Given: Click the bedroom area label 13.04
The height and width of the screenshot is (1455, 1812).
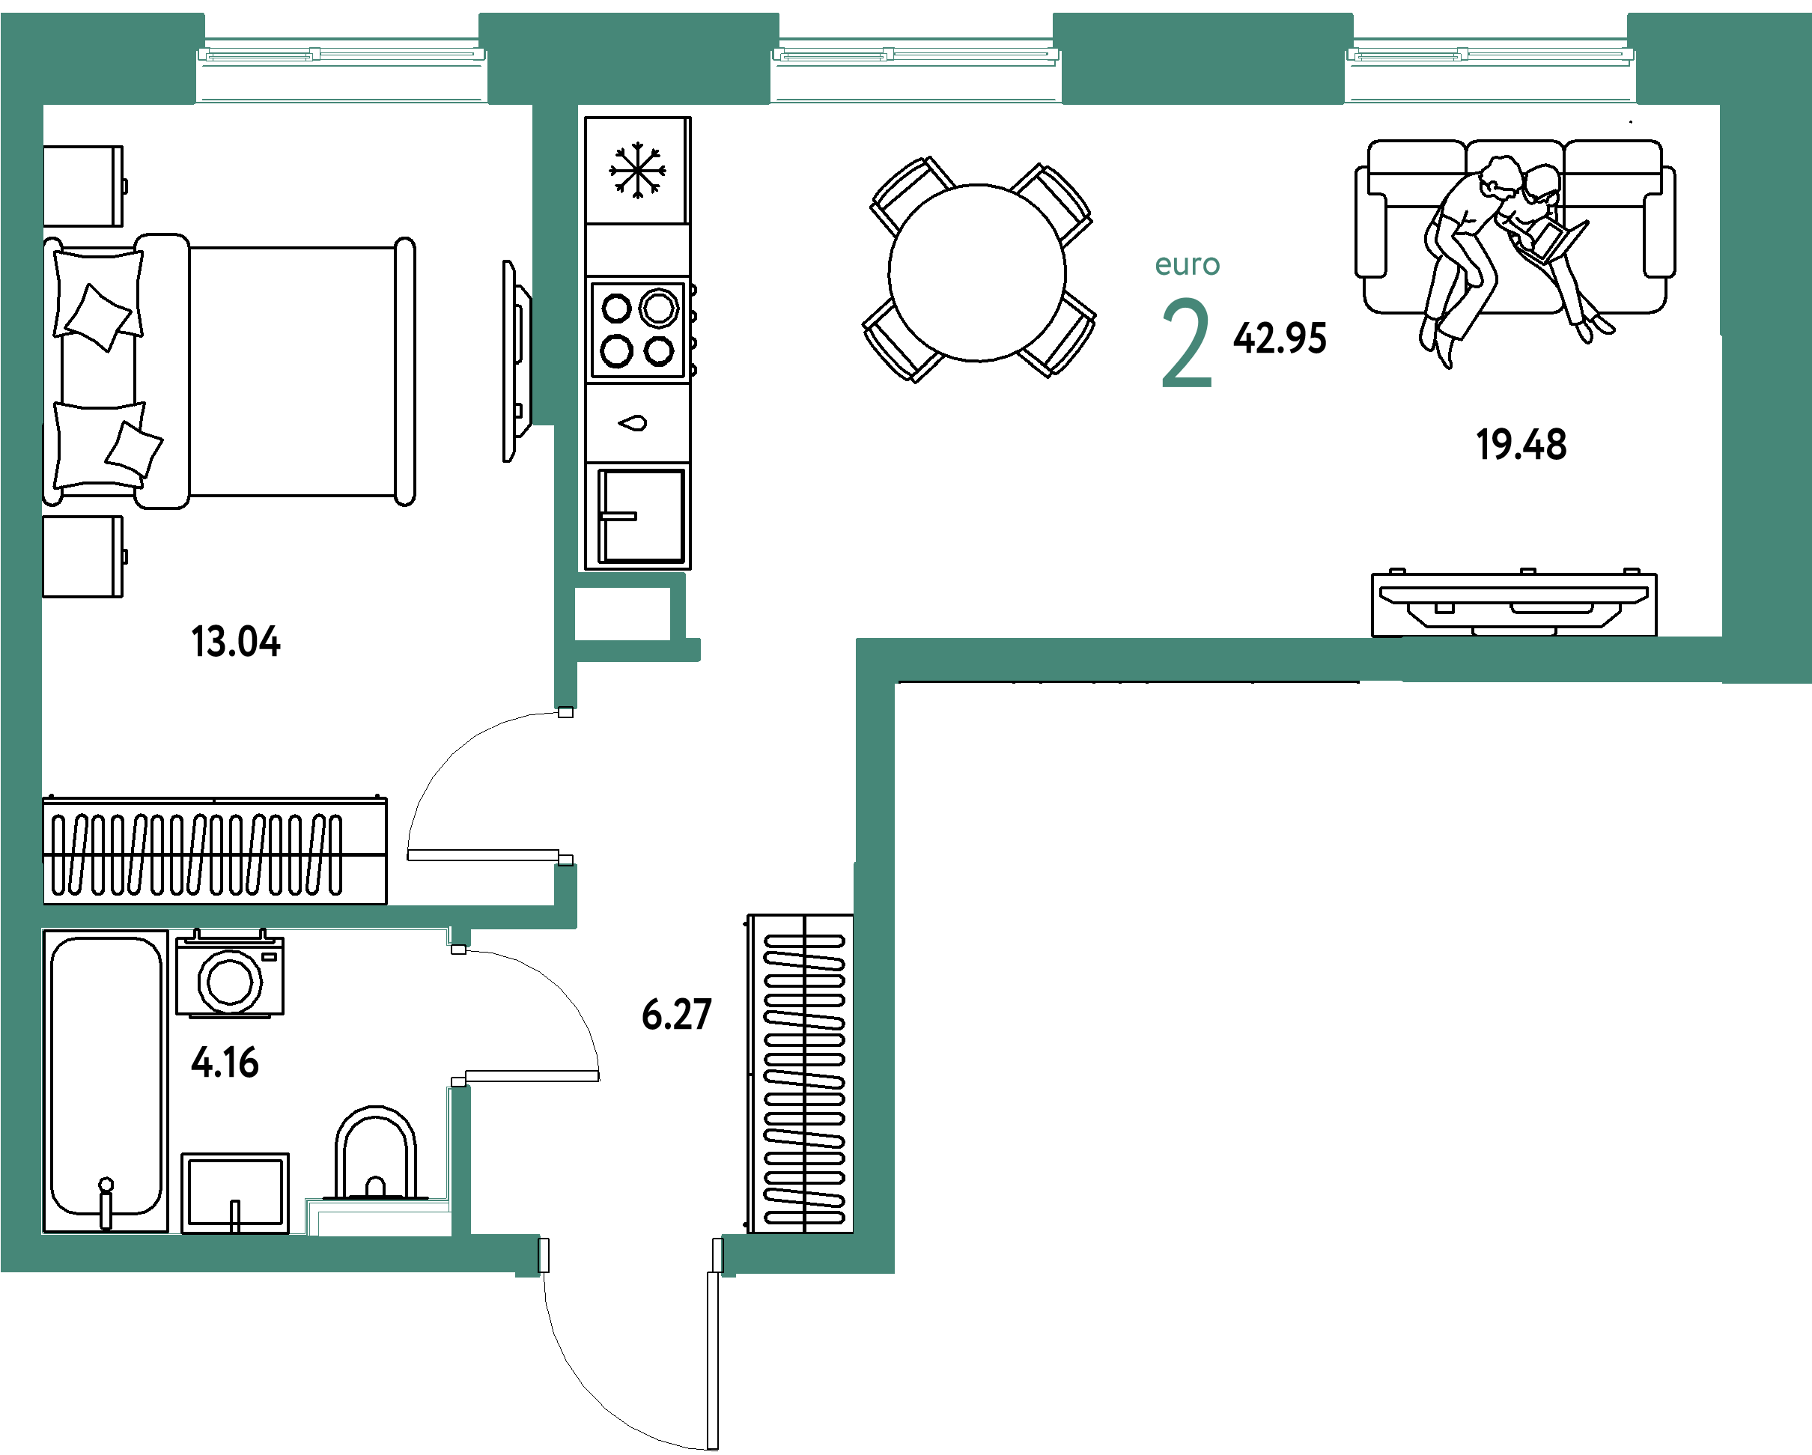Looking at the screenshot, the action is [235, 641].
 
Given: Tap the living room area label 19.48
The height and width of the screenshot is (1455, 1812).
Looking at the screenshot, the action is [1521, 445].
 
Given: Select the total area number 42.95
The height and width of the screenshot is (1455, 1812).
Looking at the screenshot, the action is [1280, 338].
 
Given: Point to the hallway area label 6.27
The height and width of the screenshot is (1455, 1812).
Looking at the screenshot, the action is [677, 1015].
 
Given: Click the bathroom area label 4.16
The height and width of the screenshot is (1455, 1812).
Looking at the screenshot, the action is [225, 1063].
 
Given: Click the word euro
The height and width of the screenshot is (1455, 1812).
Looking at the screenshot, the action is [1187, 265].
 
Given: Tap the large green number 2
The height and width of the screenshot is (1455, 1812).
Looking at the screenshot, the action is [1187, 343].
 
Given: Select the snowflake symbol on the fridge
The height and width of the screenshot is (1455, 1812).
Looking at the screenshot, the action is [638, 170].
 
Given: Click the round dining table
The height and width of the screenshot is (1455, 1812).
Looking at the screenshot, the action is [977, 273].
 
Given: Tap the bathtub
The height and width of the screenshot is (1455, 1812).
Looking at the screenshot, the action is [105, 1081].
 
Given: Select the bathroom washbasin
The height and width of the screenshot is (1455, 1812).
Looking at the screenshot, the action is [235, 1194].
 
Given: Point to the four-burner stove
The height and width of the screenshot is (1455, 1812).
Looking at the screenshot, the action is [639, 330].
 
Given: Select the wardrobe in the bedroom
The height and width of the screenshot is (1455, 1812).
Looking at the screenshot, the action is [215, 850].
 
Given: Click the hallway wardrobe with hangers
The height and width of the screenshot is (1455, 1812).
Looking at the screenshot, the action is [801, 1073].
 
